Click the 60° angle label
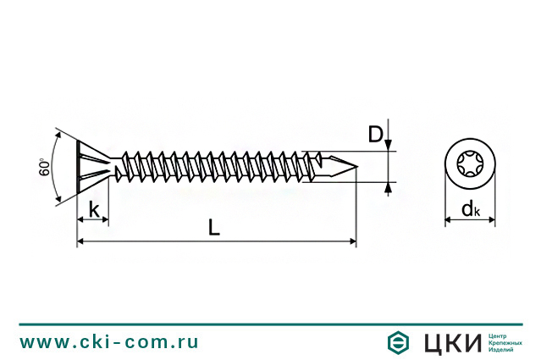(x=44, y=167)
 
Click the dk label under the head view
(x=471, y=209)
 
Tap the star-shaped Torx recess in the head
(x=471, y=165)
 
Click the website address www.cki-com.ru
(x=109, y=342)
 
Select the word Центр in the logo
(x=500, y=335)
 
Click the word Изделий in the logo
(x=502, y=350)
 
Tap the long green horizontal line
(x=270, y=324)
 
